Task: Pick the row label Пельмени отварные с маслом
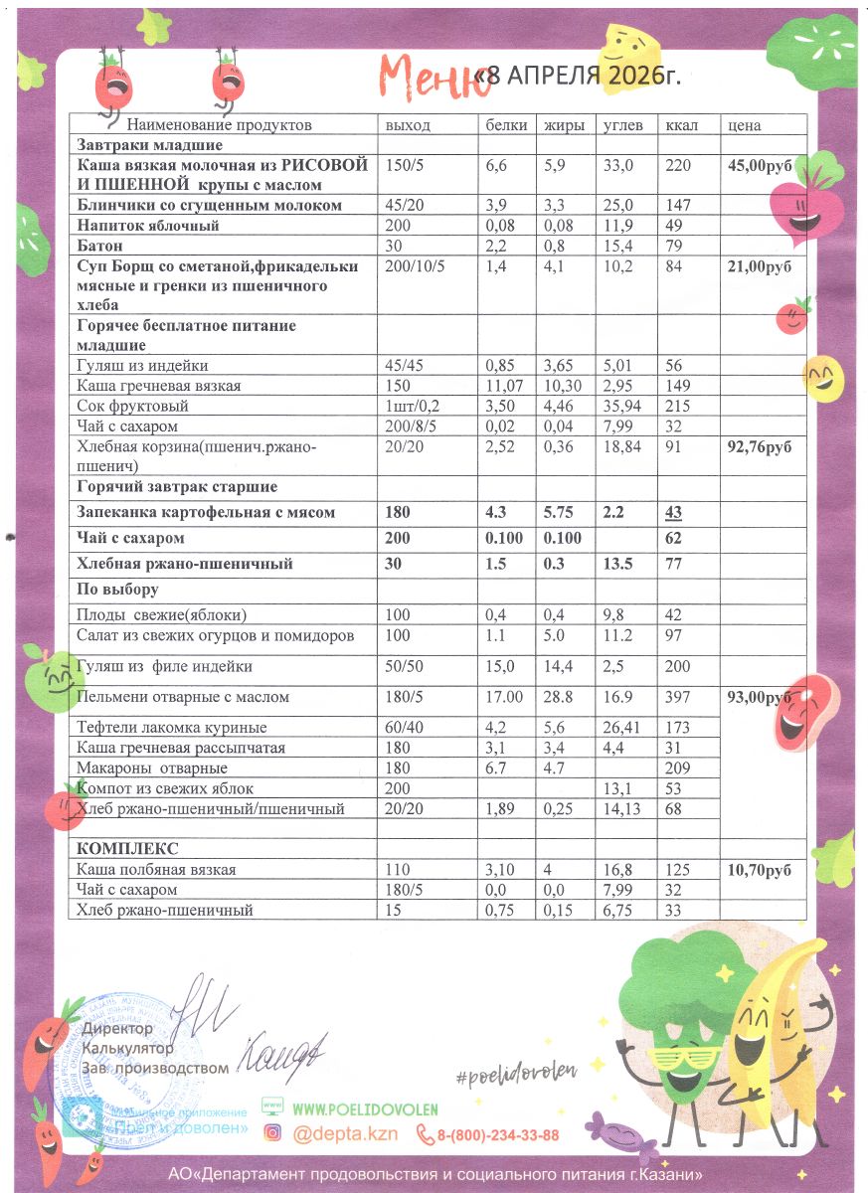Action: pos(182,697)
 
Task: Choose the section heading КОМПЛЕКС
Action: pos(127,848)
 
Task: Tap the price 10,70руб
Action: pos(760,870)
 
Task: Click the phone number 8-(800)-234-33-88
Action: pos(497,1134)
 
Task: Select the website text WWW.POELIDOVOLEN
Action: pos(365,1108)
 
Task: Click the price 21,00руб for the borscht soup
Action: pos(760,265)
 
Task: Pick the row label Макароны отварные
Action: pos(152,768)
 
